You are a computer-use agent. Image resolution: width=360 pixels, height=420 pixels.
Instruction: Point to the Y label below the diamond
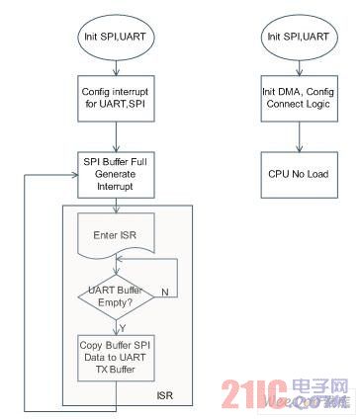coord(125,326)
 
